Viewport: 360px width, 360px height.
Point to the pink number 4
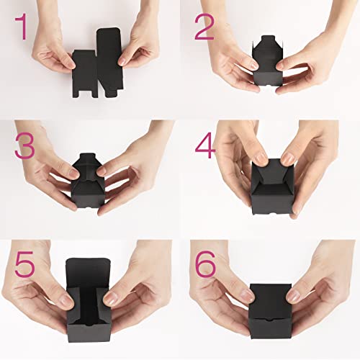point(206,147)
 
